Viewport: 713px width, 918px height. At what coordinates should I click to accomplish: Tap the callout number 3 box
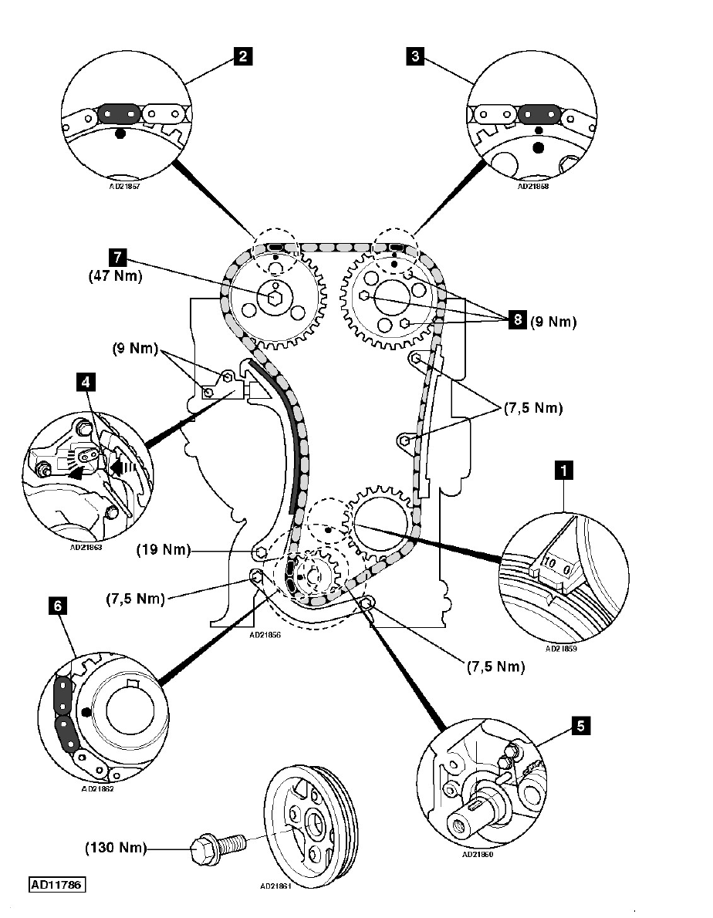coord(415,56)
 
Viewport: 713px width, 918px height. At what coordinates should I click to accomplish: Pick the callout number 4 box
coord(83,380)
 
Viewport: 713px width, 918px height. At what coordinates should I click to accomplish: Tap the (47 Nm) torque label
coord(115,276)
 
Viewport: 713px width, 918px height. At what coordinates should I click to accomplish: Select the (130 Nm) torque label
coord(115,848)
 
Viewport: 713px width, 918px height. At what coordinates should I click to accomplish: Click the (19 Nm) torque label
coord(164,551)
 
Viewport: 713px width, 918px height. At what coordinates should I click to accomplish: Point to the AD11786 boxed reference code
coord(57,884)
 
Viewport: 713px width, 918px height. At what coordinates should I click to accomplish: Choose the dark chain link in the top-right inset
coord(538,114)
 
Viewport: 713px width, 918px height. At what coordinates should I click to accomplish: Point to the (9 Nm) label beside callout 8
coord(552,322)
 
